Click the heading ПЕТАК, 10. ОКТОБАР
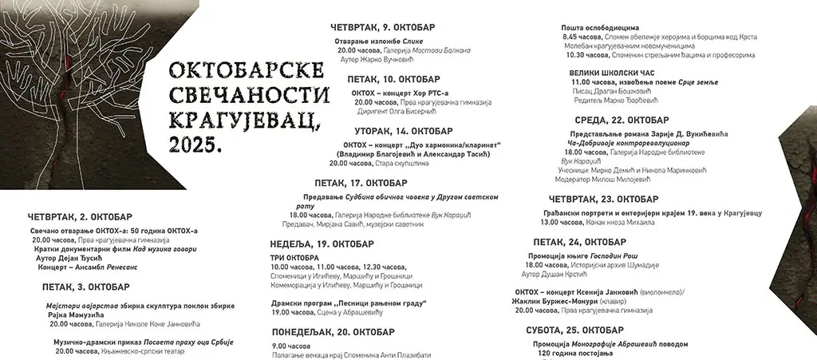(393, 79)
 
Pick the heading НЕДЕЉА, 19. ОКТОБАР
(322, 243)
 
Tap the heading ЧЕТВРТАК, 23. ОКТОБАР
(604, 199)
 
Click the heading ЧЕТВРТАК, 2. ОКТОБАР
(80, 216)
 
